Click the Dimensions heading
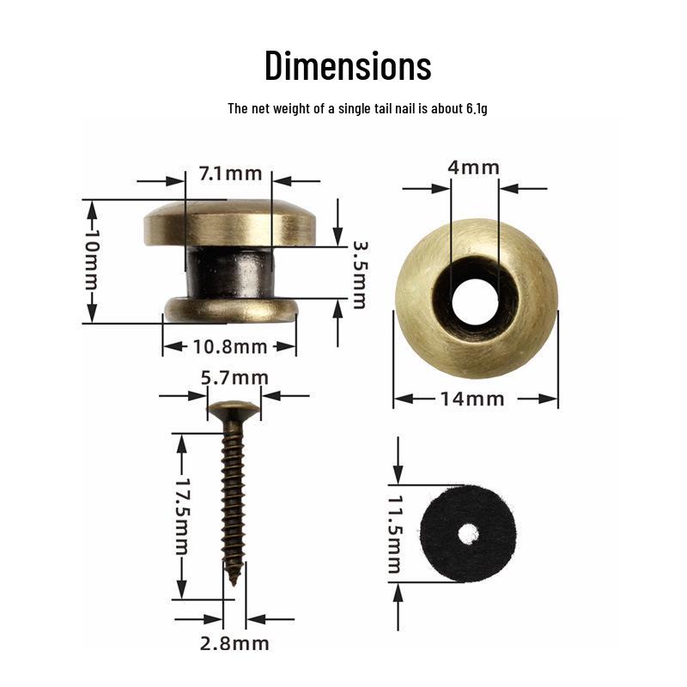(348, 66)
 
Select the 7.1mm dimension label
(230, 174)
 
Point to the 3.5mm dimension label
(360, 275)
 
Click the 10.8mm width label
(230, 347)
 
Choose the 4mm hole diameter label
(474, 167)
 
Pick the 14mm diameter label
(471, 399)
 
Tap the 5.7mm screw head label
(234, 378)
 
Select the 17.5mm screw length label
(182, 517)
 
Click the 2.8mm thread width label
(234, 643)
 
